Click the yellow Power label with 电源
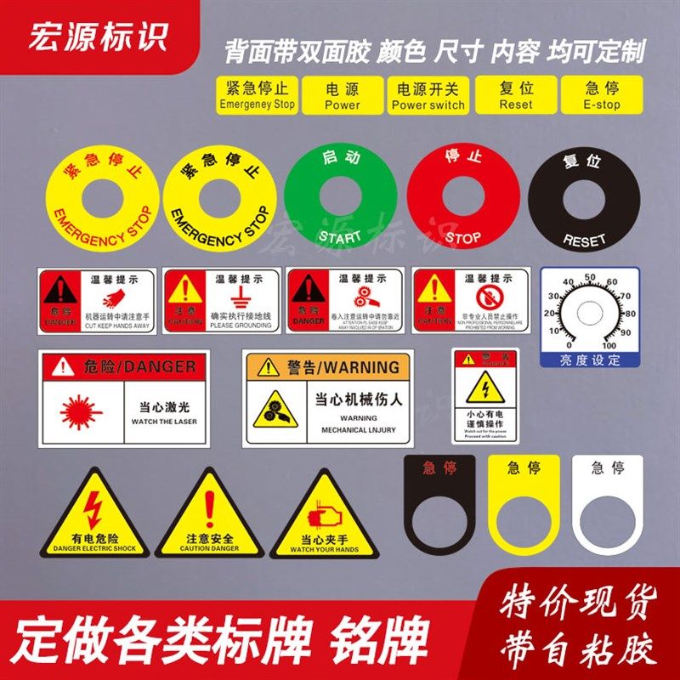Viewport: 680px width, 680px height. [x=343, y=95]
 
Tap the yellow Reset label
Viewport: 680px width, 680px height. [x=516, y=95]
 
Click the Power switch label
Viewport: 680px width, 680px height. [x=428, y=95]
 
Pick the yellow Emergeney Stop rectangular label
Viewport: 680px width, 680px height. [x=256, y=95]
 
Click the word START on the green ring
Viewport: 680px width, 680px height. [x=339, y=235]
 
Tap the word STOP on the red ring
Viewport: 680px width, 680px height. [x=463, y=237]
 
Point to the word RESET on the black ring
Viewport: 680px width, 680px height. [x=585, y=241]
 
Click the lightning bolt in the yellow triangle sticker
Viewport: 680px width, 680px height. [x=94, y=511]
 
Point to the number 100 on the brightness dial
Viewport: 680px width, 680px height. [x=609, y=345]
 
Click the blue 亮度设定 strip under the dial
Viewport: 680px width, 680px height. [x=590, y=360]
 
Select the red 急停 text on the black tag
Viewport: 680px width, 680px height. [x=439, y=467]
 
